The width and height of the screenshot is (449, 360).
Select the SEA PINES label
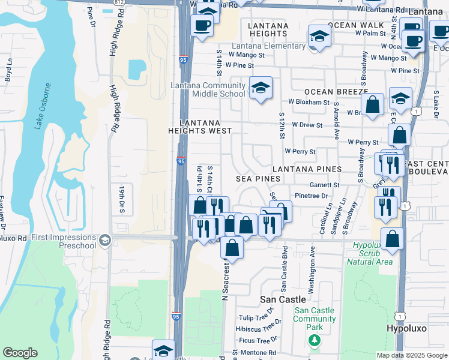[x=258, y=179]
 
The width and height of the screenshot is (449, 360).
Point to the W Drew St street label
[x=307, y=125]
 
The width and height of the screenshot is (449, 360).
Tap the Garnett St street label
[x=324, y=185]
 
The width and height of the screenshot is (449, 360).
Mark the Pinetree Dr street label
[x=311, y=196]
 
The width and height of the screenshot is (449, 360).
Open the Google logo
[x=20, y=353]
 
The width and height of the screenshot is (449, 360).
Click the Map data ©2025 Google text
[x=412, y=355]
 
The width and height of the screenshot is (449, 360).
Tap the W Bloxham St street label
[x=309, y=102]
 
